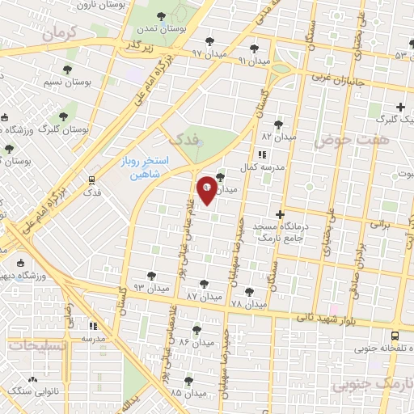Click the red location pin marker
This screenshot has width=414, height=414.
(x=207, y=189)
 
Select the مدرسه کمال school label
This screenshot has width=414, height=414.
(x=260, y=167)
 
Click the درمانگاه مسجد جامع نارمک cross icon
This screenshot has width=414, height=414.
(x=280, y=214)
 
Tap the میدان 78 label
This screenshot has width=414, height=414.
(x=247, y=304)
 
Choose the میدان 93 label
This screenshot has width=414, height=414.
(x=151, y=287)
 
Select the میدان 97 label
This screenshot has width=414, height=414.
(x=208, y=53)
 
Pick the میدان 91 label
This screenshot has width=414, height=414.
(x=255, y=61)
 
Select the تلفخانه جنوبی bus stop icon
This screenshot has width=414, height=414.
(x=395, y=336)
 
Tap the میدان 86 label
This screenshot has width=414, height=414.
(x=196, y=343)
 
